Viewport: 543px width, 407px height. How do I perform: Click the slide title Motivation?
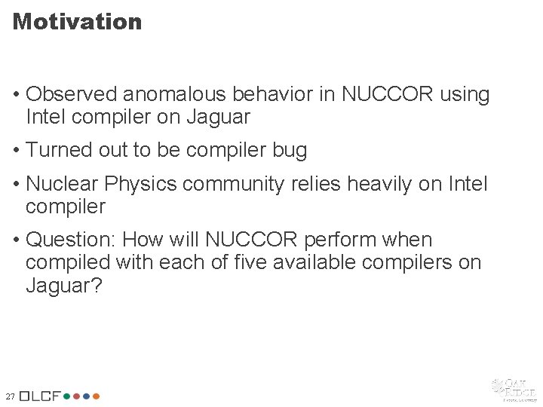[x=77, y=22]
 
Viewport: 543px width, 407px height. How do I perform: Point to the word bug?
[x=290, y=150]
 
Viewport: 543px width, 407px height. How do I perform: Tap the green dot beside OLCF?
[x=67, y=395]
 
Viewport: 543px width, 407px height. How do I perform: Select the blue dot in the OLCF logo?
[x=76, y=395]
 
